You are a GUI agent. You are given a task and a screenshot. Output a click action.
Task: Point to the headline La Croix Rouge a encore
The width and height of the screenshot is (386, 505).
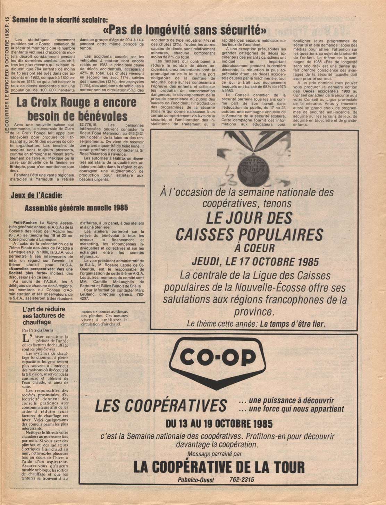tap(76, 103)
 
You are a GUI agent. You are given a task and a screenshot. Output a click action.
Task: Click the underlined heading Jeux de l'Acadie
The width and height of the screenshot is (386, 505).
tap(36, 195)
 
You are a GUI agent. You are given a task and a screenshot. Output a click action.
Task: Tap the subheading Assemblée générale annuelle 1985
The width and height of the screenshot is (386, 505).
tap(76, 208)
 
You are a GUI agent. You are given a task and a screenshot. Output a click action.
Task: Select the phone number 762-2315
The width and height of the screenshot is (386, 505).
tap(242, 480)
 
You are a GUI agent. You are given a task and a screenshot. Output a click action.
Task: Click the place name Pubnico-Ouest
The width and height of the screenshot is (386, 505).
tap(196, 480)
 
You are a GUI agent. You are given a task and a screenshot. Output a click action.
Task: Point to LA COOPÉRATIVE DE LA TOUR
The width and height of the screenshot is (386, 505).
tap(219, 468)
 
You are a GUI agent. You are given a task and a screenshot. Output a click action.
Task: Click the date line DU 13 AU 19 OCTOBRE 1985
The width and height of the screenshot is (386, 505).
tap(219, 424)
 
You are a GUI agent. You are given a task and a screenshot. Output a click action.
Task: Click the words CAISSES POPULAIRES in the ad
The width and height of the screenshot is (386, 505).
tap(249, 235)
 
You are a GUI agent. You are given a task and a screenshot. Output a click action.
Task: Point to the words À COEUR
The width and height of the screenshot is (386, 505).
tap(254, 248)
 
